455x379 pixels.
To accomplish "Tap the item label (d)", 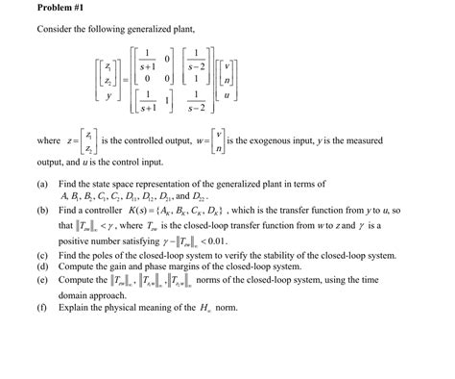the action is pyautogui.click(x=43, y=294).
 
